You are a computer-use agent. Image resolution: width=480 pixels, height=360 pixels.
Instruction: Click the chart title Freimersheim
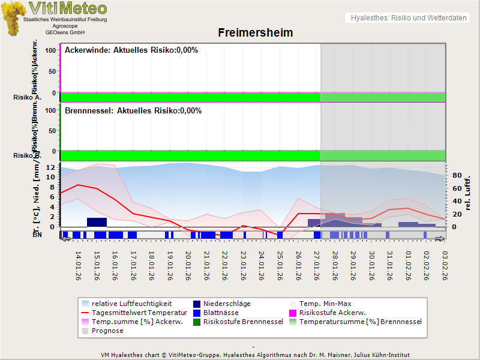click(254, 32)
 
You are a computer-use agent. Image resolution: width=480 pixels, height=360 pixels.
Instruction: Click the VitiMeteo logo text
click(68, 8)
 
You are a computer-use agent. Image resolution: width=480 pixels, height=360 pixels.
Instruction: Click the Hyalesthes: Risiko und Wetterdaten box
click(407, 18)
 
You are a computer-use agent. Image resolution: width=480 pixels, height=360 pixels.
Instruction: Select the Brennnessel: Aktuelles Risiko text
click(133, 111)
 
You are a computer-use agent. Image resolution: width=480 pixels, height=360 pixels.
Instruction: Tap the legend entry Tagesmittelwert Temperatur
click(135, 313)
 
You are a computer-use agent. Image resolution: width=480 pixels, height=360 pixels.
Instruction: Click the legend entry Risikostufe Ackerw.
click(332, 313)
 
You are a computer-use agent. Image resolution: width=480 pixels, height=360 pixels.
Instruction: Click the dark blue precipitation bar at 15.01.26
click(97, 222)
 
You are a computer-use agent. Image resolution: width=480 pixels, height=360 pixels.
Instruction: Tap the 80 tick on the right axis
click(455, 175)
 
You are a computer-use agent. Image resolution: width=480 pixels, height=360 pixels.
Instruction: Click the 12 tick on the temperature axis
click(51, 167)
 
